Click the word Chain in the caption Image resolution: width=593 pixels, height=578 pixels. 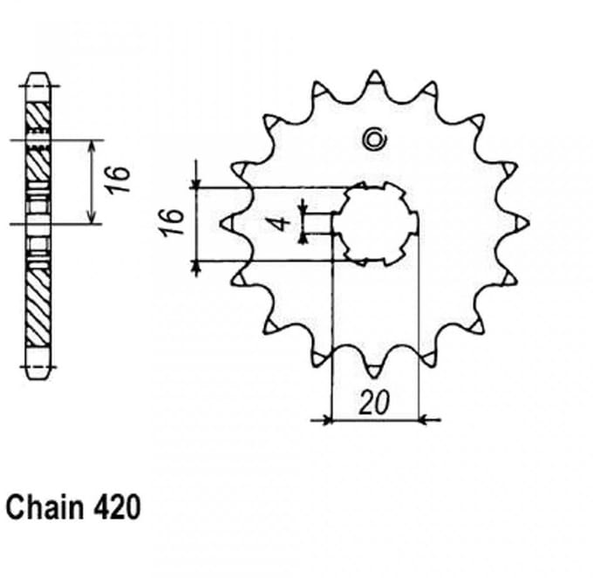[x=45, y=507]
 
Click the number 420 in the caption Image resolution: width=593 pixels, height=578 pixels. [x=116, y=507]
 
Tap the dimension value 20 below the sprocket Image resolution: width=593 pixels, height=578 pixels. [x=374, y=403]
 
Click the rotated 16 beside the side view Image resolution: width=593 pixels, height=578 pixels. [x=119, y=180]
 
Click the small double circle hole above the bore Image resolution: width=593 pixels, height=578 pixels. [x=374, y=139]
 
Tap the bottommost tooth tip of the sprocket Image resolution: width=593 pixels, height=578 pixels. [x=374, y=377]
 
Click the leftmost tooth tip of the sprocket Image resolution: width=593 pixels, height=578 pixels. [x=221, y=224]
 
